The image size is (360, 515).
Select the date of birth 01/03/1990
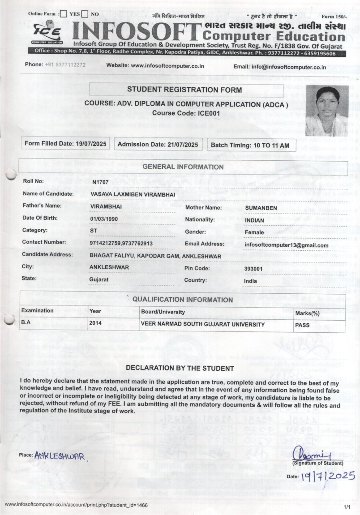[104, 219]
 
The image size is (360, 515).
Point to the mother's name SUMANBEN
[261, 208]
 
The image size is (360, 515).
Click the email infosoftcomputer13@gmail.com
[287, 245]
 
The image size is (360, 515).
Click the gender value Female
[254, 232]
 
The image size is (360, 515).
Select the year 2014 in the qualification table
[96, 322]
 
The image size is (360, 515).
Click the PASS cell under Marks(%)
[302, 325]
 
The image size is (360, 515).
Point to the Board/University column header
[163, 312]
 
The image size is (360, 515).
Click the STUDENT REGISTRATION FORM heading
[184, 90]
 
